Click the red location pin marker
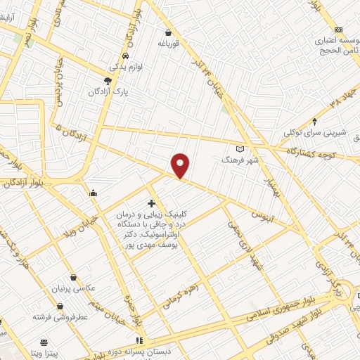coord(181,165)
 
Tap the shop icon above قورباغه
coord(168,32)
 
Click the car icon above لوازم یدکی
coord(125,56)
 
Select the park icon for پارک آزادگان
coord(108,80)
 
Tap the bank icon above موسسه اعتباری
coord(339,30)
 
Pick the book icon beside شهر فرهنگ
coord(240,149)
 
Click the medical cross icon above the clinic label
coord(151,203)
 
